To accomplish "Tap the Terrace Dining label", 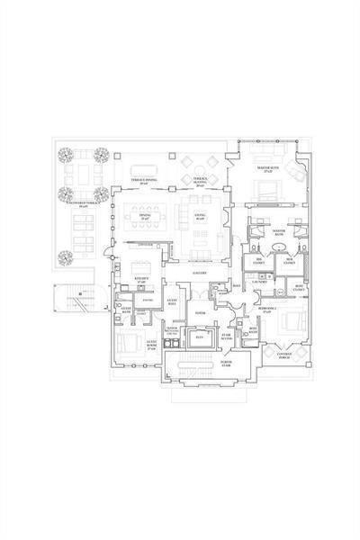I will pos(147,181).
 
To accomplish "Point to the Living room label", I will pos(200,216).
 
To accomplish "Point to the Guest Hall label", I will pos(172,303).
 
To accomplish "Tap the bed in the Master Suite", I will pos(265,190).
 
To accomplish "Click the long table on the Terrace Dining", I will pos(148,169).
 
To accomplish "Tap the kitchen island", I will pos(139,267).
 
